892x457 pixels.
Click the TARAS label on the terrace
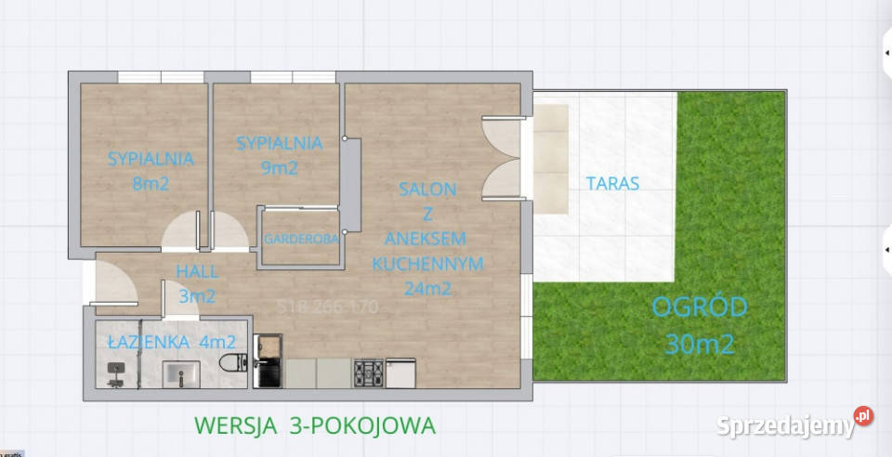click(612, 183)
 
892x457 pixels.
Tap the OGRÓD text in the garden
click(699, 307)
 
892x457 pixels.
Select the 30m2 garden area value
click(700, 345)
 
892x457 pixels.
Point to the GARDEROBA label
click(300, 239)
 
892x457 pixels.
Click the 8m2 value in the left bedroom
click(151, 183)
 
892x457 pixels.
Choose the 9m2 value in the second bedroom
click(279, 168)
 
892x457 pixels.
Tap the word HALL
click(197, 272)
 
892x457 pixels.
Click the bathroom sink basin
click(180, 374)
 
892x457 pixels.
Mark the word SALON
click(427, 189)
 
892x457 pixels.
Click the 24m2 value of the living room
click(427, 288)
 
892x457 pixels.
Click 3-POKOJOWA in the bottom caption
click(370, 425)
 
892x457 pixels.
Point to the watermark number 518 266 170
click(328, 307)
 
